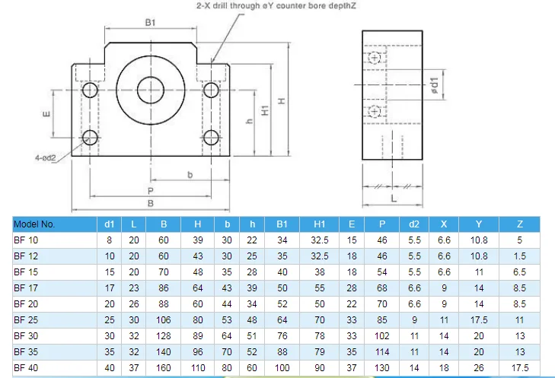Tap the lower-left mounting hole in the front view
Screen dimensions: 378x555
[x=91, y=138]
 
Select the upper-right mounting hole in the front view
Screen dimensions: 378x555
[x=212, y=91]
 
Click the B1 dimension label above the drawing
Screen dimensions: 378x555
[x=151, y=23]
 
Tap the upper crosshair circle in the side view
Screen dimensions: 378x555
[x=374, y=59]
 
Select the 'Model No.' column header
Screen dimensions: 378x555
[x=34, y=224]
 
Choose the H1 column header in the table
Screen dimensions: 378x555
[x=319, y=224]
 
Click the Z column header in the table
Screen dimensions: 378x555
[x=520, y=224]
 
